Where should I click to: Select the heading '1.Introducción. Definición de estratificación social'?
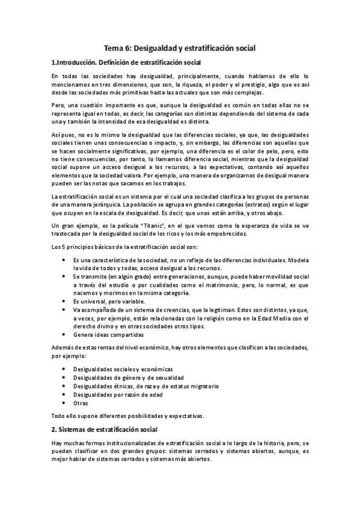coord(126,63)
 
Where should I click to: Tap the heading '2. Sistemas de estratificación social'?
coord(104,429)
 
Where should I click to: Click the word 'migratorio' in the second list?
coord(201,386)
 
